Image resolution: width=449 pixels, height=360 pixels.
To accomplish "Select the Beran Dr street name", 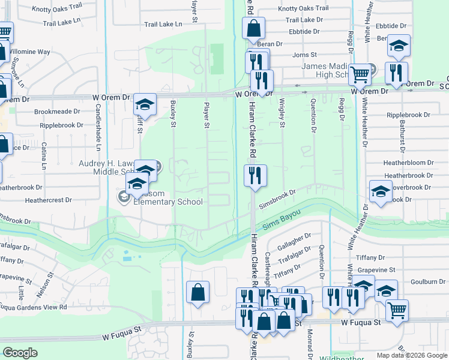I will (x=270, y=44).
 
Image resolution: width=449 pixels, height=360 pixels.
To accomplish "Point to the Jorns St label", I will (x=304, y=55).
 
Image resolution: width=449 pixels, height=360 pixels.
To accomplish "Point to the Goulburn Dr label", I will (x=427, y=281).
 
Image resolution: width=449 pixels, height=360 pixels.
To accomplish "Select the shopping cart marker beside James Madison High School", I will (x=360, y=75).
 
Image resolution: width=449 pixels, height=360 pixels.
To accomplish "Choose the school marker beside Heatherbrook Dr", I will (x=381, y=192).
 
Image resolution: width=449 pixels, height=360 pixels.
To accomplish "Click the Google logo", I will (x=20, y=353).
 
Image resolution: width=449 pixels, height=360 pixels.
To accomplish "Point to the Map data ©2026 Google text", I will (x=411, y=355).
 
